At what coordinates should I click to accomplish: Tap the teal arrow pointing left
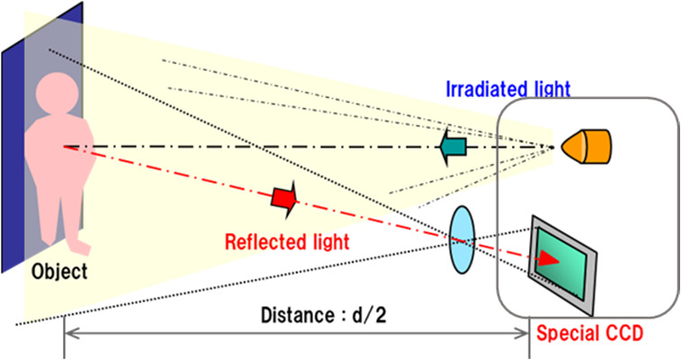[x=456, y=145]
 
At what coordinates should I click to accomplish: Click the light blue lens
[x=461, y=238]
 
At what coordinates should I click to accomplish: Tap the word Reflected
[x=263, y=241]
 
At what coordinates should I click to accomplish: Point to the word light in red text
[x=327, y=241]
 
